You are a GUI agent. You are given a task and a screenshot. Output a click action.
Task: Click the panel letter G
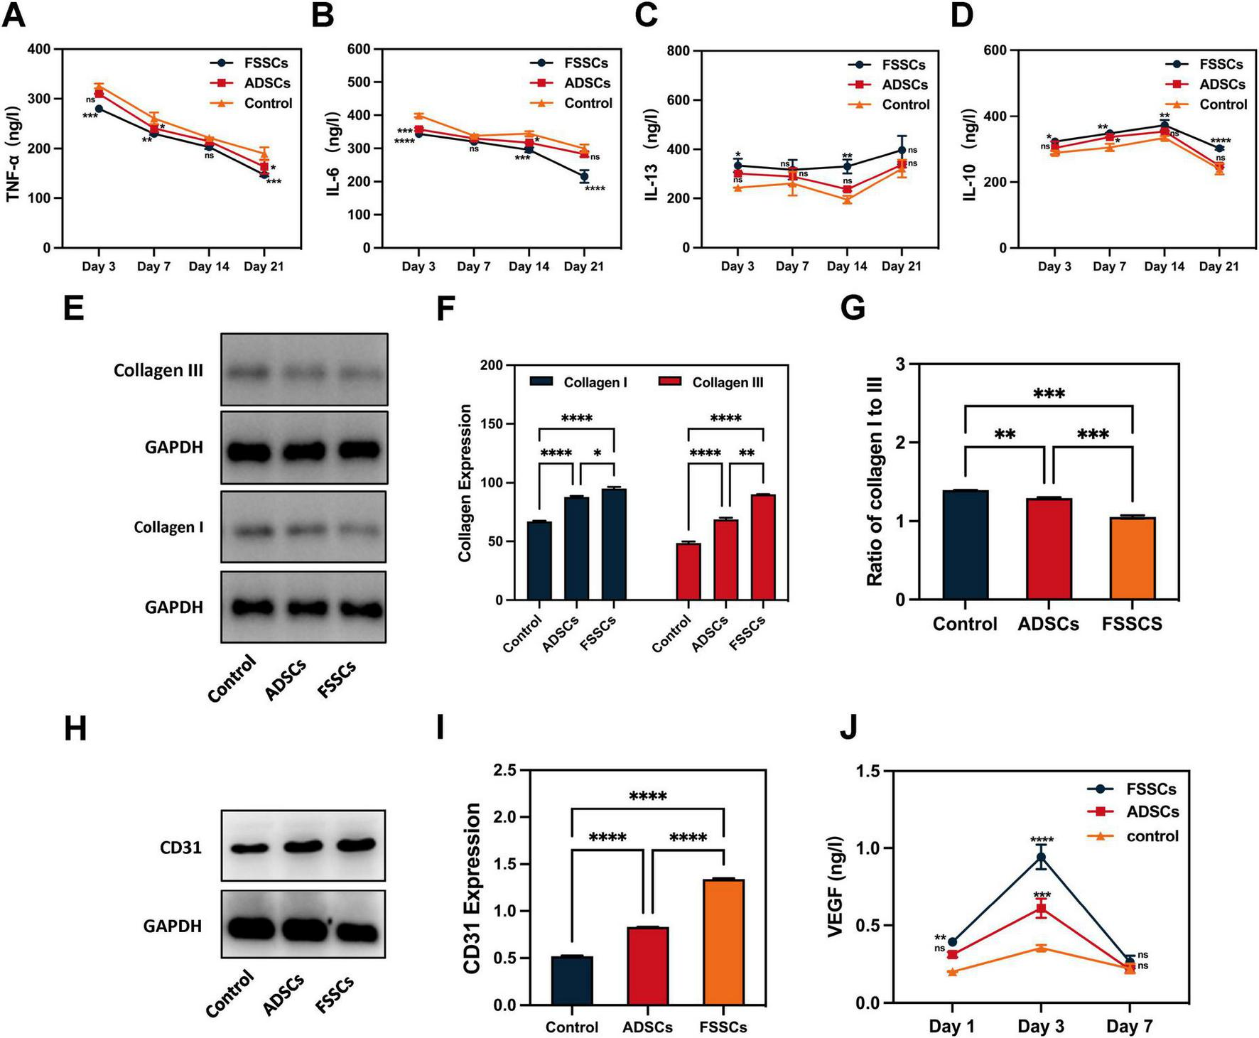(853, 310)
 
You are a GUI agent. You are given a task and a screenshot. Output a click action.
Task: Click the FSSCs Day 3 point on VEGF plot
(1041, 857)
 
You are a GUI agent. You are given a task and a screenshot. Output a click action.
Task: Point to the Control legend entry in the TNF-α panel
(267, 104)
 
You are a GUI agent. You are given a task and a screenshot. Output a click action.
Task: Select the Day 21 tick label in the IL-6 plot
(583, 266)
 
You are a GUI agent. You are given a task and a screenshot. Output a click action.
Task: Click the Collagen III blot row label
(158, 370)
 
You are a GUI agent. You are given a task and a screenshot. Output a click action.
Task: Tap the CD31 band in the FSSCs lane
(355, 844)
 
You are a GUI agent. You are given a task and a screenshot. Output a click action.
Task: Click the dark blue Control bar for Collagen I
(540, 561)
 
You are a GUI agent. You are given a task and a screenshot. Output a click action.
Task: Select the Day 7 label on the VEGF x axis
(1129, 1026)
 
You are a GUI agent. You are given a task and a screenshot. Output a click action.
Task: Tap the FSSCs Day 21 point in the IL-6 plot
(584, 176)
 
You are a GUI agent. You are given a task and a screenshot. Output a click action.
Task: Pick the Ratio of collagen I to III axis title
(875, 482)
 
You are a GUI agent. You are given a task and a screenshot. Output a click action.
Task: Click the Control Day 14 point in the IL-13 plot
(847, 200)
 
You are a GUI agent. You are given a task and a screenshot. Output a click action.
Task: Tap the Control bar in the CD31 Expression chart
(572, 980)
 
